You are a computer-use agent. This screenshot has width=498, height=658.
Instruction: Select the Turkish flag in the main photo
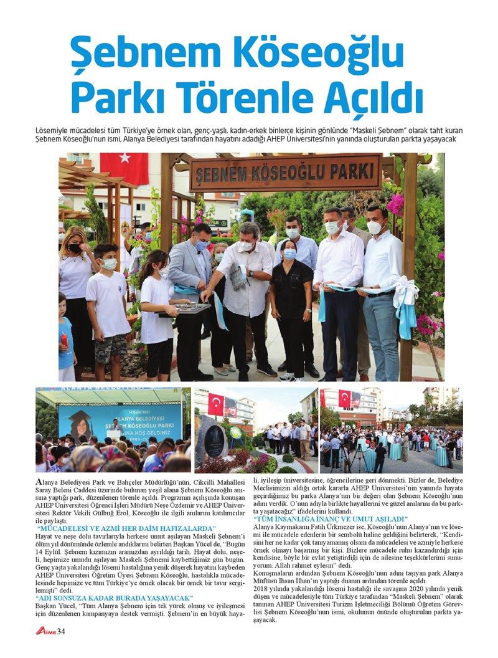tap(125, 168)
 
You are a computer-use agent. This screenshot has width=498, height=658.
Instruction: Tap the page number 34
tap(61, 631)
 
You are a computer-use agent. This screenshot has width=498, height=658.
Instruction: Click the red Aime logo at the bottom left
tap(45, 631)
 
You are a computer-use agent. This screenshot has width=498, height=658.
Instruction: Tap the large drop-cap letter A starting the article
tap(39, 482)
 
